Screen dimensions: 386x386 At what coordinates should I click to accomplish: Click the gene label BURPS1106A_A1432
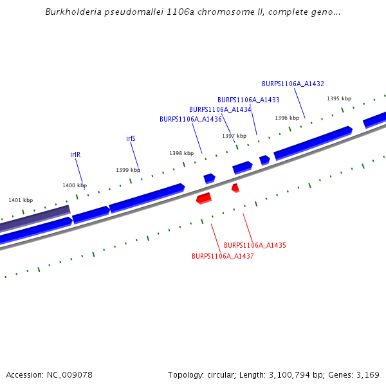click(x=293, y=84)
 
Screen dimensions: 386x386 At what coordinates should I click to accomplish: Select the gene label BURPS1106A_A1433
click(x=248, y=100)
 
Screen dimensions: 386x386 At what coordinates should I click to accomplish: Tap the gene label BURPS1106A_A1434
click(x=220, y=110)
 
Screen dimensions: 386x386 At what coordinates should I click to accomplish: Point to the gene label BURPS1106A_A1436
click(x=190, y=120)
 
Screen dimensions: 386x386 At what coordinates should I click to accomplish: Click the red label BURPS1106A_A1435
click(x=255, y=246)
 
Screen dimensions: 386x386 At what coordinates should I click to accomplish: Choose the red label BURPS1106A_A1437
click(x=223, y=256)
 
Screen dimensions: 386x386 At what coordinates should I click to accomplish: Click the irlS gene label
click(x=131, y=139)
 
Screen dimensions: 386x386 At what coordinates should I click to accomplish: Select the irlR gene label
click(x=75, y=155)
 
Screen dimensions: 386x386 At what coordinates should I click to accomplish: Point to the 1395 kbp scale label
click(x=339, y=99)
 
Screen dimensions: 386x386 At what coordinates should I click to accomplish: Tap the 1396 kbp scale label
click(x=287, y=118)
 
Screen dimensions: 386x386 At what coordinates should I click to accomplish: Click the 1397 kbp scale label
click(x=234, y=136)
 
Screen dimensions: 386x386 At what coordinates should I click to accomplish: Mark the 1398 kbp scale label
click(x=181, y=154)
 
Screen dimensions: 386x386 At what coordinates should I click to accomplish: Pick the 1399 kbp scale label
click(x=128, y=170)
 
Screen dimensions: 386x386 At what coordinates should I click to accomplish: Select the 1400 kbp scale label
click(x=75, y=186)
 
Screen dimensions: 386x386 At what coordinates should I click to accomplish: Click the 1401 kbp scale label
click(x=21, y=201)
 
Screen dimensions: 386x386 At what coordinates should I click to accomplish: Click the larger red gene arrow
click(x=204, y=198)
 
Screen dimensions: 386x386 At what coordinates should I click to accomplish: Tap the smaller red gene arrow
click(x=235, y=188)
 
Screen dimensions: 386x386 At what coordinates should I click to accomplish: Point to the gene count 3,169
click(x=367, y=375)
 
